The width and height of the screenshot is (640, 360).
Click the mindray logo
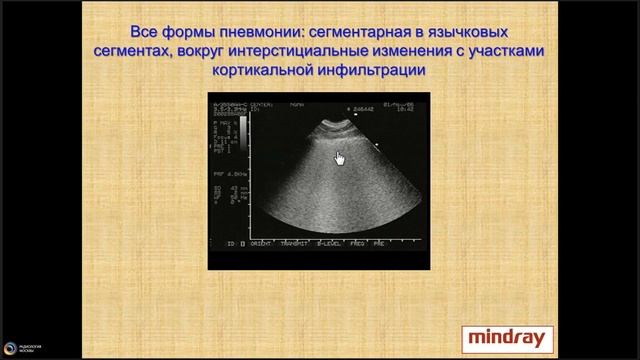point(500,339)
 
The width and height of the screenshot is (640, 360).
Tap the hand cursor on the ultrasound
point(339,157)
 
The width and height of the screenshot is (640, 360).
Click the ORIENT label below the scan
point(265,243)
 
